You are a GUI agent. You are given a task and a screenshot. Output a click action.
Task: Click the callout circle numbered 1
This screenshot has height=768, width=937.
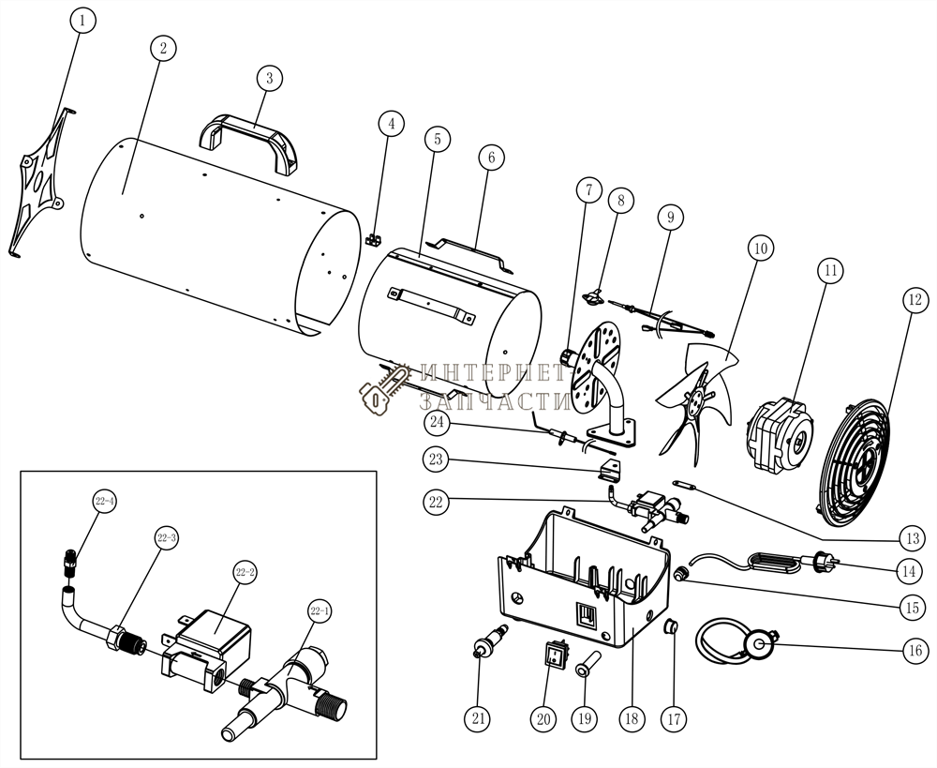coord(82,21)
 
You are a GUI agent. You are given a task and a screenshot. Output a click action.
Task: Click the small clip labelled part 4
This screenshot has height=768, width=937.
coord(374,239)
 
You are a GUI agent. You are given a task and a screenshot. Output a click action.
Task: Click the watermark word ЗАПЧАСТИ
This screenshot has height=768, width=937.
coord(495,401)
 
